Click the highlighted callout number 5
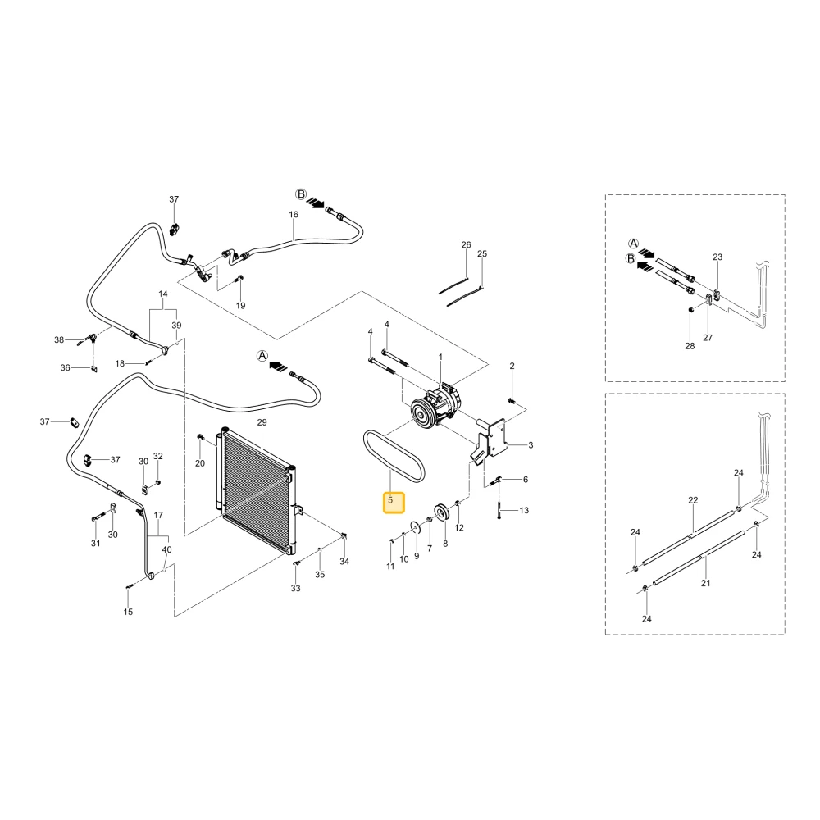(390, 500)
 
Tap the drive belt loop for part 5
(394, 455)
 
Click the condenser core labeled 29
(256, 490)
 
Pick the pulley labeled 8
(442, 512)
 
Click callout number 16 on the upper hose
(294, 214)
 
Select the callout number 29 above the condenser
(262, 422)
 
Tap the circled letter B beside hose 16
(301, 194)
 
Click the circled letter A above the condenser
(262, 356)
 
